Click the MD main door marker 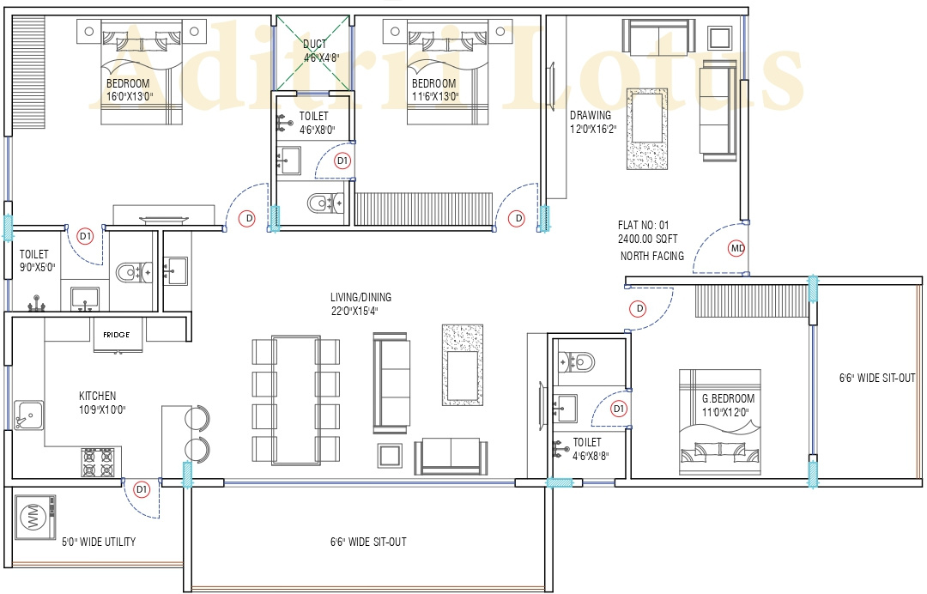point(736,249)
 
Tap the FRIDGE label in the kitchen point(117,335)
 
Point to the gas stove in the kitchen point(97,463)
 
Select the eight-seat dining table point(295,400)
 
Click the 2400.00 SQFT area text point(649,239)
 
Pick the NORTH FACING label point(652,256)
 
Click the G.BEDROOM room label point(728,398)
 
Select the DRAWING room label point(591,115)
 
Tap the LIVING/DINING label point(360,298)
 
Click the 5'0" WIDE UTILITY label point(98,542)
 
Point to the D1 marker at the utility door point(142,489)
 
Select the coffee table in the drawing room point(646,128)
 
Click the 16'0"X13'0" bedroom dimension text point(130,96)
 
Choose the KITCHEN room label point(98,396)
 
